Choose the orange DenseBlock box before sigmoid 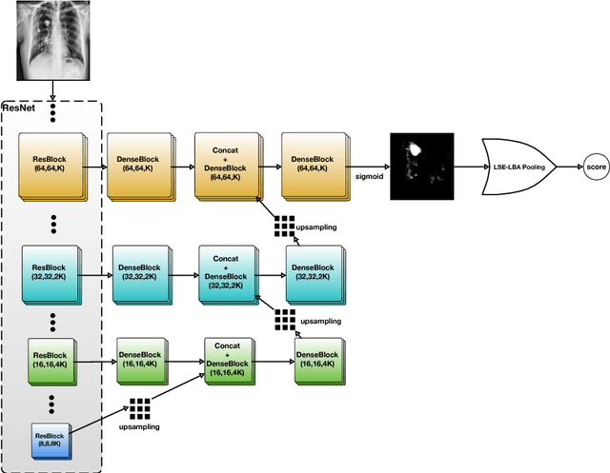tap(313, 165)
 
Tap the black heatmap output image tap(419, 165)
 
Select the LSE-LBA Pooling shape tap(519, 166)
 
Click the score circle tap(595, 166)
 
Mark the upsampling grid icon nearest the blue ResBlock tap(141, 409)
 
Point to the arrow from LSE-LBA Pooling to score tap(566, 166)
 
